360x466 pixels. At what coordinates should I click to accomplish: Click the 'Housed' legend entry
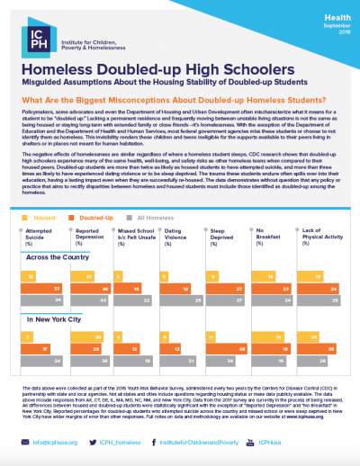[44, 218]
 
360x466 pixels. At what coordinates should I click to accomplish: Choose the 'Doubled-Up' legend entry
[100, 218]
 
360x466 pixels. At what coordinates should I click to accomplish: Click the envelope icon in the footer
[24, 444]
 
